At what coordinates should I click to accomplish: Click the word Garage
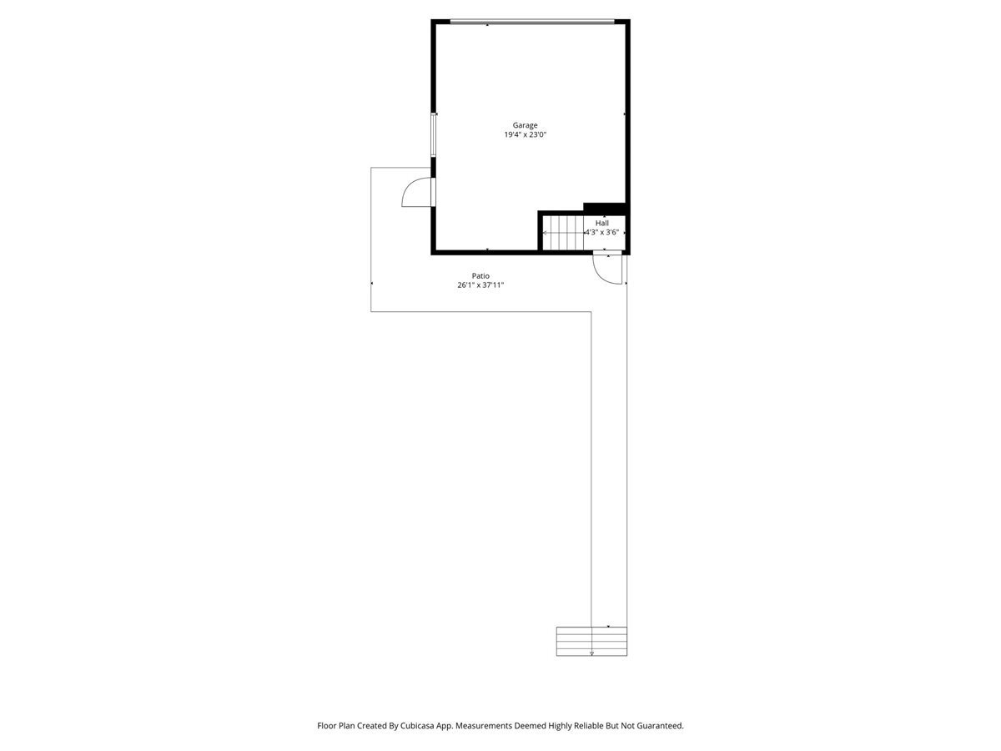pyautogui.click(x=525, y=125)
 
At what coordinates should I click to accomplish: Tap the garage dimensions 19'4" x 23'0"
pyautogui.click(x=525, y=135)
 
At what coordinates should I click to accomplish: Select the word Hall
pyautogui.click(x=601, y=223)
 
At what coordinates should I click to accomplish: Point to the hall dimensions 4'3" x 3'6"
pyautogui.click(x=601, y=233)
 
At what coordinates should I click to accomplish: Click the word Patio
pyautogui.click(x=480, y=275)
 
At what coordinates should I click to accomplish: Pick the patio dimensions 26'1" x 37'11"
pyautogui.click(x=480, y=285)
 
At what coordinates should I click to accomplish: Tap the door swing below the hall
pyautogui.click(x=606, y=270)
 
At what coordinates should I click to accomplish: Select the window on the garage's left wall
pyautogui.click(x=433, y=134)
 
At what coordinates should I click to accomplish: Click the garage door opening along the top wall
pyautogui.click(x=531, y=22)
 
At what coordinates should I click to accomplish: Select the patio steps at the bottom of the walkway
pyautogui.click(x=591, y=641)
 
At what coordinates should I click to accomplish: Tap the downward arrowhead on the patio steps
pyautogui.click(x=591, y=653)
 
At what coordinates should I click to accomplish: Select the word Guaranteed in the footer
pyautogui.click(x=656, y=726)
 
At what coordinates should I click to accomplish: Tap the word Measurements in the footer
pyautogui.click(x=483, y=726)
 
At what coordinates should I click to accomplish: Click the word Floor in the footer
pyautogui.click(x=326, y=726)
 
